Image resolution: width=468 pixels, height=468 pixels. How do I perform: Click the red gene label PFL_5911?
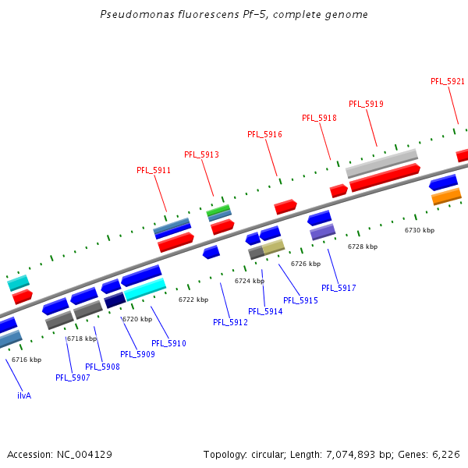(x=154, y=170)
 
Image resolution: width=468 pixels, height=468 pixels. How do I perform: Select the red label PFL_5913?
(x=201, y=154)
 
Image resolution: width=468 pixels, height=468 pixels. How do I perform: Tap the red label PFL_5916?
(x=264, y=134)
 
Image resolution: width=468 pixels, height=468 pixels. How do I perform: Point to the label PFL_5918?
(x=319, y=118)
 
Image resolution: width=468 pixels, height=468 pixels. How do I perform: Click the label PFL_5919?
(x=366, y=104)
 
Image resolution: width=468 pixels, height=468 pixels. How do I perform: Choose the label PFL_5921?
(x=448, y=81)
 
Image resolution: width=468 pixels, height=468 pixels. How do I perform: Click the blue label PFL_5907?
(x=73, y=378)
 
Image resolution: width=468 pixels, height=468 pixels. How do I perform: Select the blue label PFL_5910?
(x=168, y=343)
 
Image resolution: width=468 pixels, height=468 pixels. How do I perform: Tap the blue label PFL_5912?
(x=230, y=322)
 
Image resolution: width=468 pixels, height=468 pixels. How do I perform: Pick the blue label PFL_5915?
(x=300, y=300)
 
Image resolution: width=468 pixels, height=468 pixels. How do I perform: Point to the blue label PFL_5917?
(x=339, y=288)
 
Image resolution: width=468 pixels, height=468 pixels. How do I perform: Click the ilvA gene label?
(x=24, y=395)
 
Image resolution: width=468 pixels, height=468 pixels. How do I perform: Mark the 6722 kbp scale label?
(x=193, y=300)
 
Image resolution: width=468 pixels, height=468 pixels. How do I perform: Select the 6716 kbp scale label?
(x=27, y=360)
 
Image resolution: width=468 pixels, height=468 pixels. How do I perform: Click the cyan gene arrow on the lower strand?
(x=145, y=290)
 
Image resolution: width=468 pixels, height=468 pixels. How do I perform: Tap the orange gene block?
(x=446, y=196)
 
